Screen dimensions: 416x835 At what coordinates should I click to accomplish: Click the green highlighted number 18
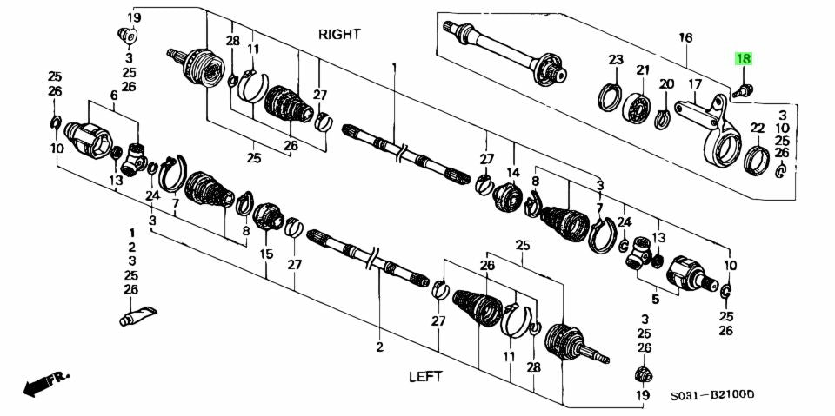point(744,59)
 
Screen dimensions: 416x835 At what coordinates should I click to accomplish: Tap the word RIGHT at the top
point(340,35)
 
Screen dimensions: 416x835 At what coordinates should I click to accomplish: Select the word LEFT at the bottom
point(425,376)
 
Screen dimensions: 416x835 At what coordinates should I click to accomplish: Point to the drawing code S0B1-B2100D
point(711,395)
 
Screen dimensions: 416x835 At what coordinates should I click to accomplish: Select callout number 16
point(685,38)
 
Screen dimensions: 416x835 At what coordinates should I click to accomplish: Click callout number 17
point(695,84)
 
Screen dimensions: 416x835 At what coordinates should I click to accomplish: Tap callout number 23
point(616,60)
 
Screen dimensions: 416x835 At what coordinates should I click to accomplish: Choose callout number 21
point(643,70)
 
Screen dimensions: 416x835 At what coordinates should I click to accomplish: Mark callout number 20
point(666,84)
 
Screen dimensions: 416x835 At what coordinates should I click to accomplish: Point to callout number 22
point(757,128)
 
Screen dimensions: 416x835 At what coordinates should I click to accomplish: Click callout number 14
point(512,172)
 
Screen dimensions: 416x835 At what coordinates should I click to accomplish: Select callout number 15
point(266,254)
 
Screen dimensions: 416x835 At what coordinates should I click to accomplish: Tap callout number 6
point(113,95)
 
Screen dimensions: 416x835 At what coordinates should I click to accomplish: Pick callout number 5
point(656,298)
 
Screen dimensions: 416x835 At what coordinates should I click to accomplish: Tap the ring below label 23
point(612,97)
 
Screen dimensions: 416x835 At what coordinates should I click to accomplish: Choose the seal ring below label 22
point(755,160)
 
